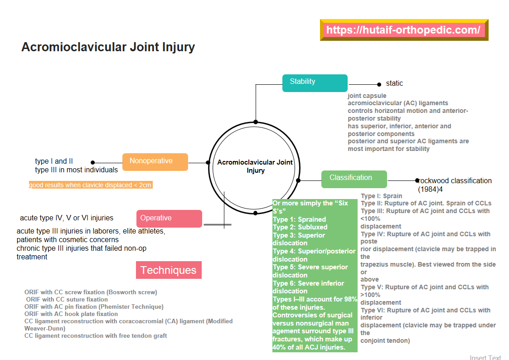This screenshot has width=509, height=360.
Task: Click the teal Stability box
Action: click(x=315, y=83)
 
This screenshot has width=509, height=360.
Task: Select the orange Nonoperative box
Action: click(x=155, y=162)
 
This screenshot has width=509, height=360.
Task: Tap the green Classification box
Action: click(x=354, y=179)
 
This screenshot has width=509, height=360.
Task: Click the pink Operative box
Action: click(x=169, y=219)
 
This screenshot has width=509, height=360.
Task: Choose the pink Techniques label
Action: click(x=169, y=270)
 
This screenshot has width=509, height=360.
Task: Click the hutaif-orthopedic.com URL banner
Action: click(x=403, y=30)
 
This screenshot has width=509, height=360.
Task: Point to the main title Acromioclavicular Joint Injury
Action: click(x=108, y=47)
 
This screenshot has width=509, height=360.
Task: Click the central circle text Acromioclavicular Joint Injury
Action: click(x=255, y=166)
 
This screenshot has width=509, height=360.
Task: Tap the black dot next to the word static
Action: click(x=379, y=84)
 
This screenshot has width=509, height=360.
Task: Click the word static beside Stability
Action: click(x=394, y=83)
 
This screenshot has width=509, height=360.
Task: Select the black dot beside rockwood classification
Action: click(x=417, y=180)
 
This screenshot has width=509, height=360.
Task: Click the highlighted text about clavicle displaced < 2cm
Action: click(x=90, y=185)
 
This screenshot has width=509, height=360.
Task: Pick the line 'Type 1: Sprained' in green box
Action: click(x=299, y=219)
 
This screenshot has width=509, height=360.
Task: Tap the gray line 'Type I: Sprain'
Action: click(x=382, y=196)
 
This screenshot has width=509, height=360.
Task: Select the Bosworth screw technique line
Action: click(x=91, y=292)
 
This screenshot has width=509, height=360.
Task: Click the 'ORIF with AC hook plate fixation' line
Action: click(x=71, y=314)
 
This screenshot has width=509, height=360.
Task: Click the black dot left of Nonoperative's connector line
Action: click(x=92, y=162)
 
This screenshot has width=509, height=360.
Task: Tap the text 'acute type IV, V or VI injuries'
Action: click(x=67, y=218)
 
